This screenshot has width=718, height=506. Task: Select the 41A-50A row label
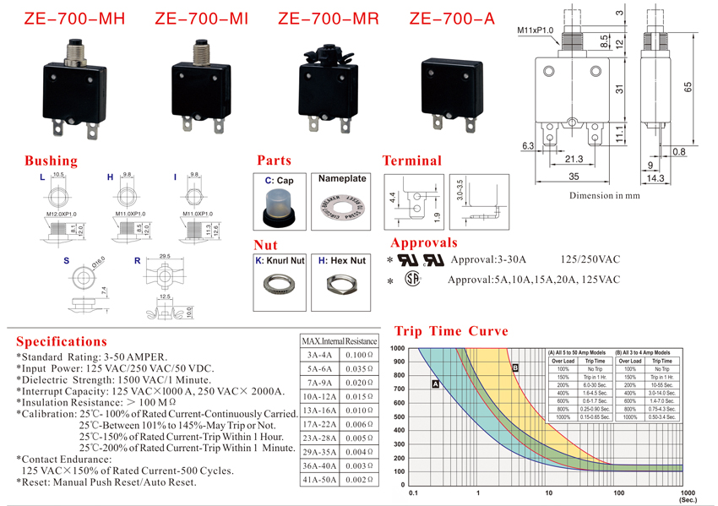click(321, 479)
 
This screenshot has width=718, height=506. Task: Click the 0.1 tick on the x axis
click(412, 492)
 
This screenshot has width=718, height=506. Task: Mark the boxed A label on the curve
click(436, 384)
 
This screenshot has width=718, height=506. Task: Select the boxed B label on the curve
click(514, 367)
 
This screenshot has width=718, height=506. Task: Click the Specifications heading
click(62, 341)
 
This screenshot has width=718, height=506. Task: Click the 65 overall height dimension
click(689, 87)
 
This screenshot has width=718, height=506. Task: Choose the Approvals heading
click(424, 242)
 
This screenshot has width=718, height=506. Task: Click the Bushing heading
click(51, 161)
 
